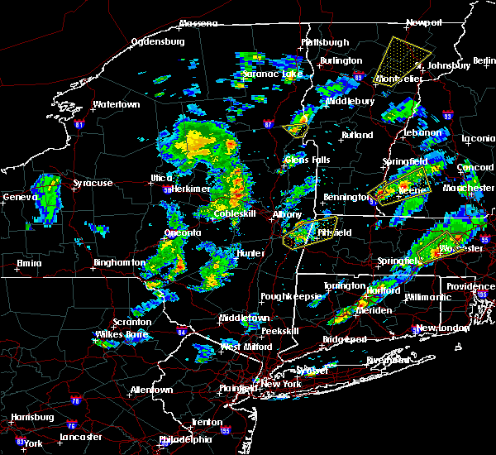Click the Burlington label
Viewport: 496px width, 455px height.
(x=341, y=60)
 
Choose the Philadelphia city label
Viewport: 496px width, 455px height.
(x=185, y=438)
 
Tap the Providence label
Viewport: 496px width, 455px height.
(x=471, y=286)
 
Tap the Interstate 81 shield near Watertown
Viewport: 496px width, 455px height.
(x=79, y=124)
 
